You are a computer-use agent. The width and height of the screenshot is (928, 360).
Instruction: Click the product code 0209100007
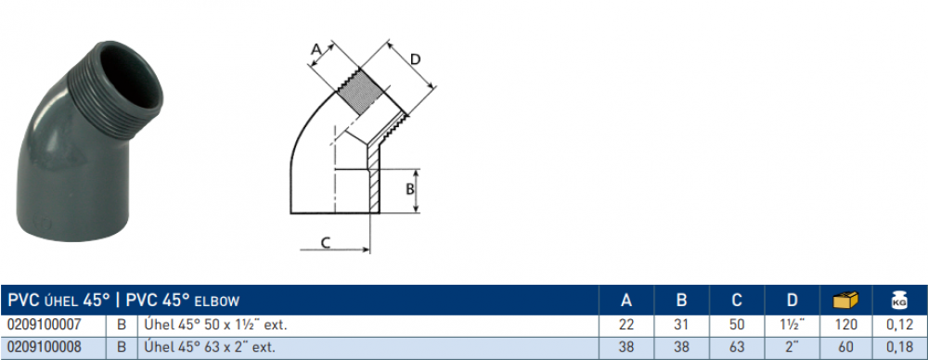coord(44,325)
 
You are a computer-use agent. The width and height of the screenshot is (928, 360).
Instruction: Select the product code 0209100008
coord(44,347)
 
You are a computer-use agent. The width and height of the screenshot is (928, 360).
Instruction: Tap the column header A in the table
coord(626,301)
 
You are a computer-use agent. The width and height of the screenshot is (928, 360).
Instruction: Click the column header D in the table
coord(792,301)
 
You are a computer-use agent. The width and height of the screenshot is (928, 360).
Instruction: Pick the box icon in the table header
coord(845,301)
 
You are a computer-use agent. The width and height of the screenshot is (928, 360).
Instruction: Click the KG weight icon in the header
coord(899,301)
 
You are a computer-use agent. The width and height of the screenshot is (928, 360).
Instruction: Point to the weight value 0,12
coord(899,325)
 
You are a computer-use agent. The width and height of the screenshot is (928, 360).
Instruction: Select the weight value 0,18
coord(899,347)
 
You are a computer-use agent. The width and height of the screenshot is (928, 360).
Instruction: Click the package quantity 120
coord(845,325)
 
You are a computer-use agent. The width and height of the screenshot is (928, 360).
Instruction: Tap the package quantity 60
coord(845,347)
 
